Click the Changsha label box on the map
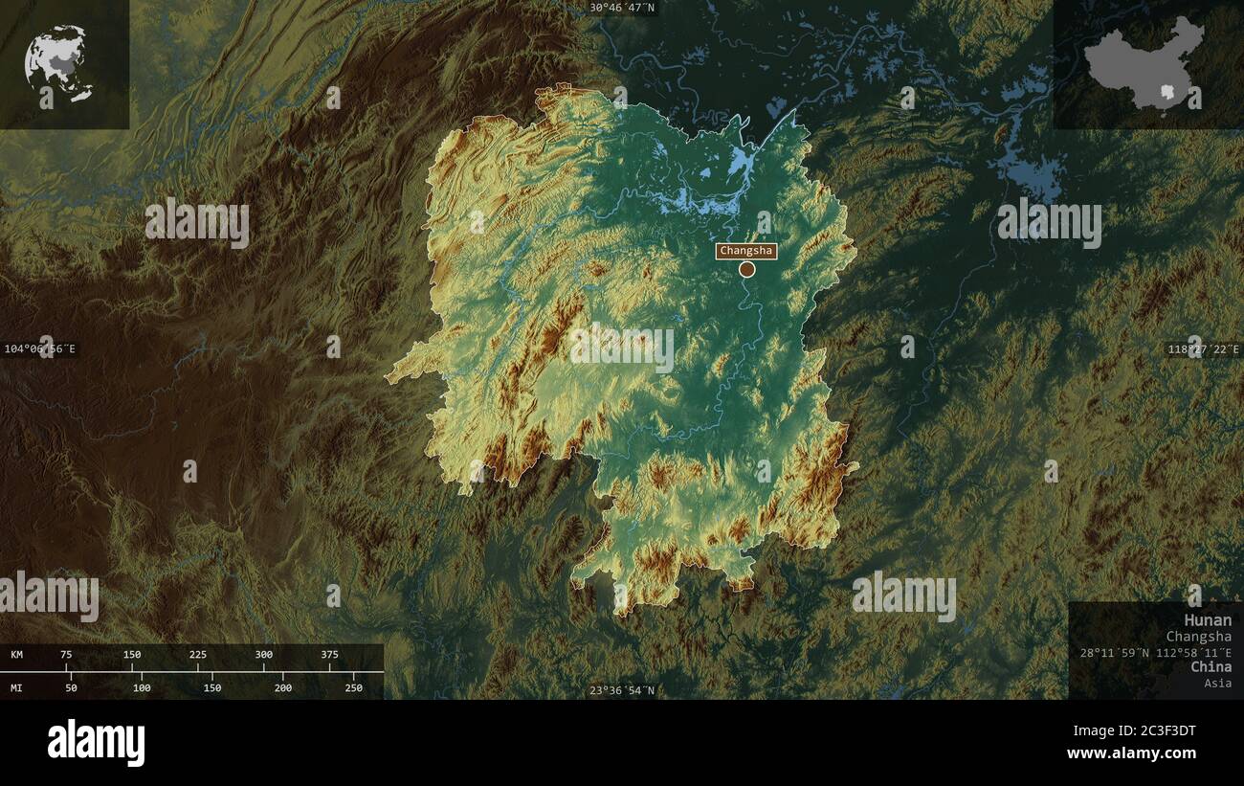(x=746, y=251)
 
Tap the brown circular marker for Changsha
(x=747, y=270)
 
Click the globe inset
(x=59, y=64)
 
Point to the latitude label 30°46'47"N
(x=622, y=8)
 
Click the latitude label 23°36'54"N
(x=622, y=690)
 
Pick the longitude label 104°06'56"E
(x=39, y=348)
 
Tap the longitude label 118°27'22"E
(x=1204, y=349)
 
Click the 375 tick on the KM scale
(x=329, y=655)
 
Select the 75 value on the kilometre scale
(x=66, y=655)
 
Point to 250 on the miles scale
(x=353, y=687)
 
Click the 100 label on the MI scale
(x=142, y=687)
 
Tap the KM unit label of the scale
(x=17, y=655)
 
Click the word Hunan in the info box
(x=1208, y=620)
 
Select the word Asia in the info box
(x=1218, y=683)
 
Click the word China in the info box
(x=1211, y=666)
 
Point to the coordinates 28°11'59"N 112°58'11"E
(x=1155, y=651)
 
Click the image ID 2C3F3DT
(x=1158, y=731)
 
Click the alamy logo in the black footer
(x=96, y=743)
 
